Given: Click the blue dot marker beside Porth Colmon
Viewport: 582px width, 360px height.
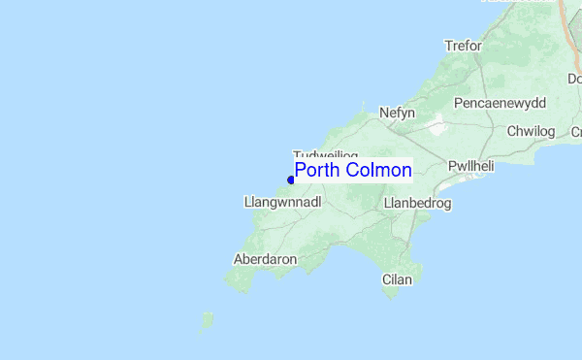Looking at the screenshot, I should [291, 180].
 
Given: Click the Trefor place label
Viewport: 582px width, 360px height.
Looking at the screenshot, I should [463, 46].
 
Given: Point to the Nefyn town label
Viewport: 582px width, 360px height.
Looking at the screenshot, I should [398, 113].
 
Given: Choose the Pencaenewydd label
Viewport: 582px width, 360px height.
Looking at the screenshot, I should [500, 102].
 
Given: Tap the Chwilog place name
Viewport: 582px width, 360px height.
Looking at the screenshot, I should [530, 131].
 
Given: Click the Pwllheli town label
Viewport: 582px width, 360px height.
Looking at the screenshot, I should [471, 166].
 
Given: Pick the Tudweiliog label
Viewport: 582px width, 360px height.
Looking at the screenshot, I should [326, 155].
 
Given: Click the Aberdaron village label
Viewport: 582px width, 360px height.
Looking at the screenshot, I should [265, 259].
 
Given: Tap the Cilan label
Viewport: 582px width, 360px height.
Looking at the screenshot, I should [398, 279].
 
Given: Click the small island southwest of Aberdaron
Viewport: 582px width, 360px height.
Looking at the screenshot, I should [207, 319].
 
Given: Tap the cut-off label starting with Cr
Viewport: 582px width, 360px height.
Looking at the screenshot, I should [575, 131].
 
